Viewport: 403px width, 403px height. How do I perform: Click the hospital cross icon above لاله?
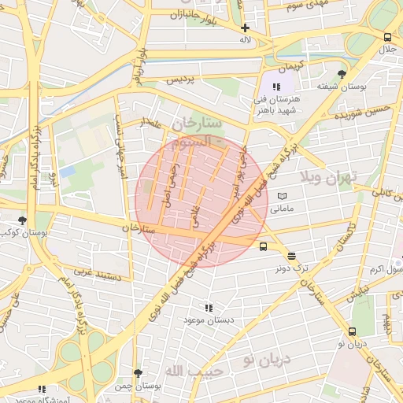pyautogui.click(x=246, y=28)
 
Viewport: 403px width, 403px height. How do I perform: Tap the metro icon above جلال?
pyautogui.click(x=387, y=37)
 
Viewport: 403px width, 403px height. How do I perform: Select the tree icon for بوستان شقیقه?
pyautogui.click(x=340, y=74)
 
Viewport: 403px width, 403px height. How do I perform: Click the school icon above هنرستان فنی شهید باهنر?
pyautogui.click(x=275, y=87)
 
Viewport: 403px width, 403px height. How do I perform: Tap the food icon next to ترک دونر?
pyautogui.click(x=293, y=256)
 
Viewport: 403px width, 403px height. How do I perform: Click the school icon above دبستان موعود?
pyautogui.click(x=209, y=308)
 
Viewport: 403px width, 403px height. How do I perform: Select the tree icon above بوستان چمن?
pyautogui.click(x=139, y=373)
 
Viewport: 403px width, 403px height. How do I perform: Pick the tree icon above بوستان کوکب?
pyautogui.click(x=22, y=221)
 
